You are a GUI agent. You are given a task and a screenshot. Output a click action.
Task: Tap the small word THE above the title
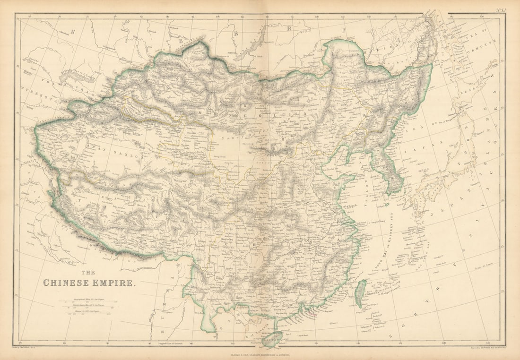pos(88,273)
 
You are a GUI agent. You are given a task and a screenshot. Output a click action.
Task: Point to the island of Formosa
pos(361,292)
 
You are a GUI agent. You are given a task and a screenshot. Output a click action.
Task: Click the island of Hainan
pos(273,338)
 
